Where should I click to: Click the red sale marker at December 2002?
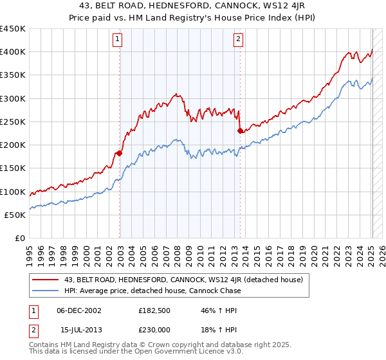click(x=120, y=153)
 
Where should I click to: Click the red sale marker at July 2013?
click(x=240, y=131)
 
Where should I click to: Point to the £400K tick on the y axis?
click(x=13, y=52)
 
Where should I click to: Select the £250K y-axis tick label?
click(x=13, y=122)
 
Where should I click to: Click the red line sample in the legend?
click(x=46, y=278)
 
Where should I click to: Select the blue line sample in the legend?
click(x=46, y=291)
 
